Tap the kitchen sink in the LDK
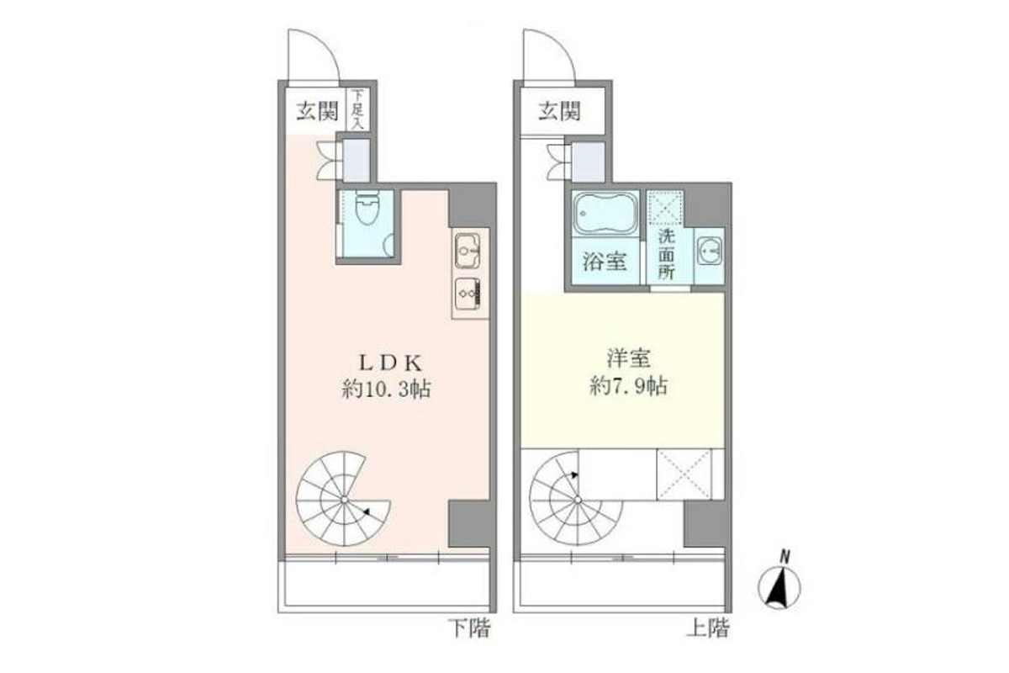pos(468,251)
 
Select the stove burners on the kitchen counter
pos(468,294)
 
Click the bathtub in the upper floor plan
pos(605,213)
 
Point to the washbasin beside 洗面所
pos(709,251)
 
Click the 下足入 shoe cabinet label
pos(357,109)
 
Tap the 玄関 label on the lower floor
pos(317,111)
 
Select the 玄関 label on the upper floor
pos(559,111)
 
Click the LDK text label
pos(390,363)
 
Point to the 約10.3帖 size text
pos(387,389)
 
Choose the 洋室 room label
pos(628,358)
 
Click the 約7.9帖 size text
pos(628,385)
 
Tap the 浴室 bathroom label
pos(605,261)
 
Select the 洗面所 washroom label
pos(666,254)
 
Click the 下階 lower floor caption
pos(470,628)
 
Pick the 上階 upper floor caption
pos(708,628)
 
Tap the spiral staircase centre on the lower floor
pos(344,500)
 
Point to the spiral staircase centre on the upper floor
pos(578,500)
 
